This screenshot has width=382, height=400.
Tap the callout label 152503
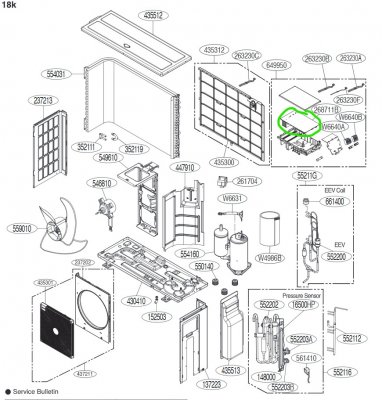click(156, 317)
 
